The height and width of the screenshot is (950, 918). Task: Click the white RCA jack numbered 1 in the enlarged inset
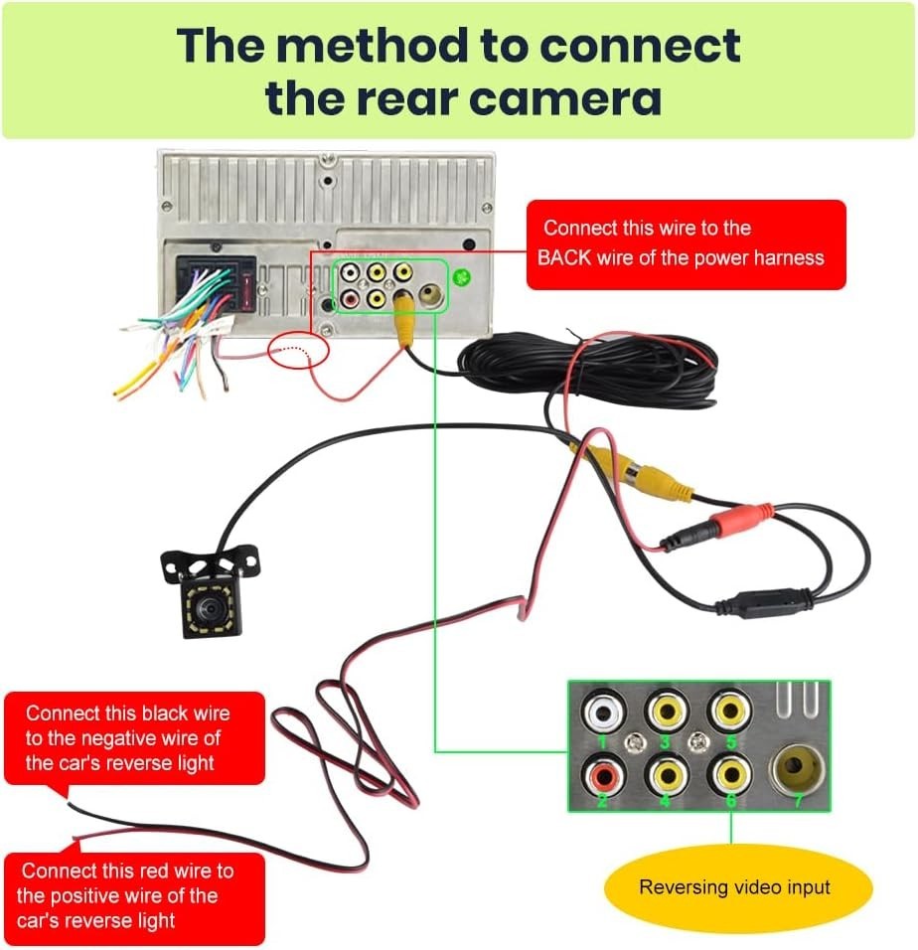click(x=603, y=712)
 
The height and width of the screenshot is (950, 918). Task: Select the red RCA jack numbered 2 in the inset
click(x=603, y=772)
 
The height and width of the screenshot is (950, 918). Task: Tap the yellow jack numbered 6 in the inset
click(x=730, y=772)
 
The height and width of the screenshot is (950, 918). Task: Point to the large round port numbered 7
click(x=797, y=765)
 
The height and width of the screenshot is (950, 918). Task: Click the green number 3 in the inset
click(x=666, y=741)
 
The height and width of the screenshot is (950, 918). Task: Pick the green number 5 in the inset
click(x=730, y=741)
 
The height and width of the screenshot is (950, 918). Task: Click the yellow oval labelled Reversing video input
click(x=734, y=887)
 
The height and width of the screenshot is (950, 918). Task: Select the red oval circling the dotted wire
click(x=298, y=350)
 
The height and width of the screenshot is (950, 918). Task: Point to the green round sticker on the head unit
click(x=462, y=276)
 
